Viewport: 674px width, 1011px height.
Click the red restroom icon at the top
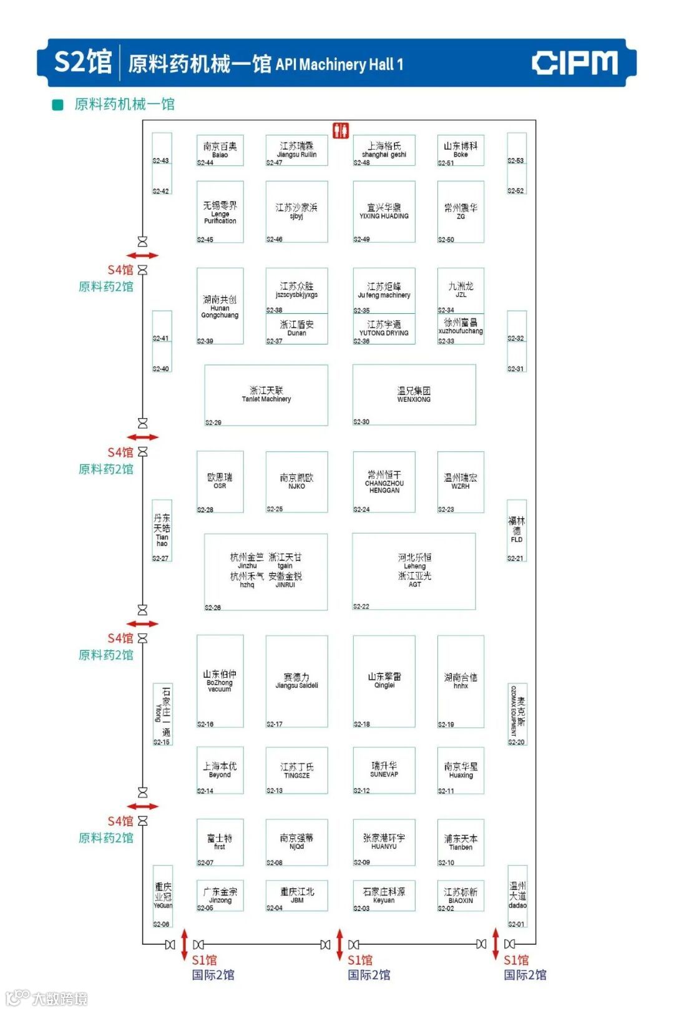340,130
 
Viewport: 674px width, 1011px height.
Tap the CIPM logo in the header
574,63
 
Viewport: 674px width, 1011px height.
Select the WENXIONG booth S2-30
414,394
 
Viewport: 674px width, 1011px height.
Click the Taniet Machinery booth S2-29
266,394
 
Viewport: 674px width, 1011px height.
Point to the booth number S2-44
205,163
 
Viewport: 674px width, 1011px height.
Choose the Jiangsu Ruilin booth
296,150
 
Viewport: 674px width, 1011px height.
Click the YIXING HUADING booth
384,211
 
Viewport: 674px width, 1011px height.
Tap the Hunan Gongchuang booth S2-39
220,306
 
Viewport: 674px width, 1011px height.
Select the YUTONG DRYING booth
384,328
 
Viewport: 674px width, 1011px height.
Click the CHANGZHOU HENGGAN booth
384,482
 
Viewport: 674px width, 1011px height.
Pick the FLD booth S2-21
516,530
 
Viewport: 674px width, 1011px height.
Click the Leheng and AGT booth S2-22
414,570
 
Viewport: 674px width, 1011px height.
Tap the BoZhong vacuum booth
220,680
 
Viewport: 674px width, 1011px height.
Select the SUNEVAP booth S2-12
384,769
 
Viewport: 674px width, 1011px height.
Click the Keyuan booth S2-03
384,895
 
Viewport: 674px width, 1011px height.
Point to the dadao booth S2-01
517,896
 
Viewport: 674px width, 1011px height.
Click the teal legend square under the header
58,104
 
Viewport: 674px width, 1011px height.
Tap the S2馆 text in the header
82,62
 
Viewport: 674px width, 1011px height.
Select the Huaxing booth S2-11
461,770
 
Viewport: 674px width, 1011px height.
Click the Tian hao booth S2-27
162,530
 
